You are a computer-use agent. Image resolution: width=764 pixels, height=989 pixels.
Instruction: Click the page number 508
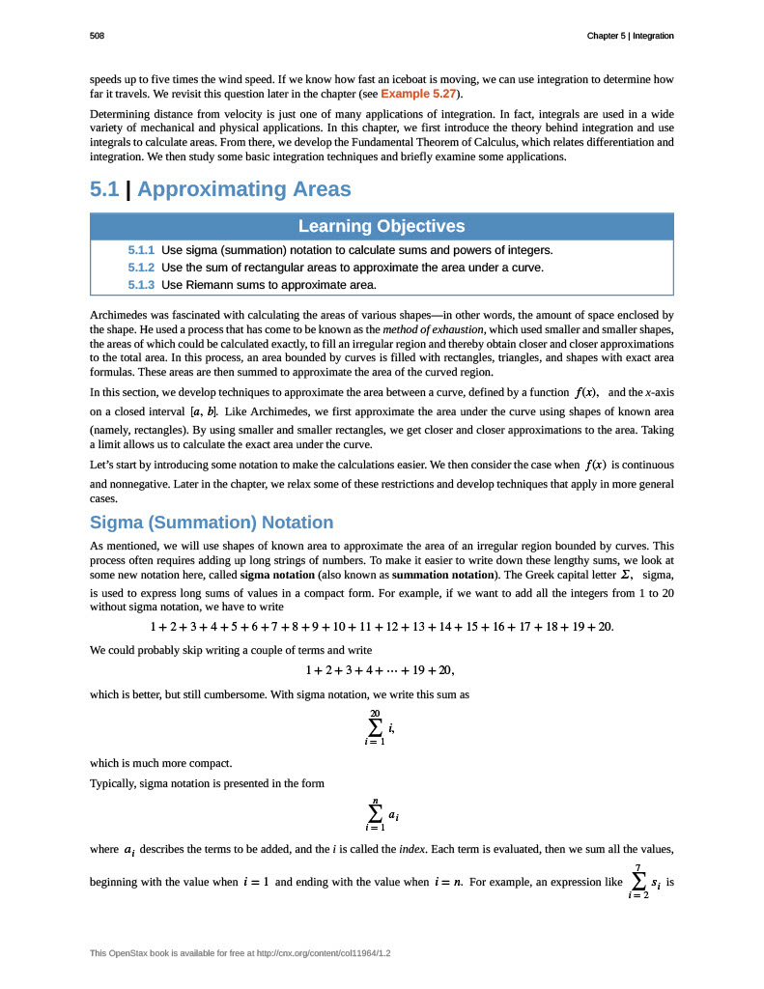click(x=97, y=36)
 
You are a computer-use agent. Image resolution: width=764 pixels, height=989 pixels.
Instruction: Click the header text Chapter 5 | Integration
click(x=630, y=36)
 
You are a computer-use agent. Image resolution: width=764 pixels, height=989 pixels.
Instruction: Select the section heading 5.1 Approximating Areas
click(x=220, y=189)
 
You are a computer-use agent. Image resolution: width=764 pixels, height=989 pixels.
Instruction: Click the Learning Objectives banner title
click(x=382, y=226)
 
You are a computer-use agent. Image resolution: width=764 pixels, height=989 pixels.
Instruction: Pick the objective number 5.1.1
click(x=141, y=250)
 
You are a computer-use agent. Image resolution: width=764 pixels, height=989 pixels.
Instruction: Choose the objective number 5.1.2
click(x=141, y=268)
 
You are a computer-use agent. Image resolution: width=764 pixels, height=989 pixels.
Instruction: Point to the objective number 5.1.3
click(x=141, y=285)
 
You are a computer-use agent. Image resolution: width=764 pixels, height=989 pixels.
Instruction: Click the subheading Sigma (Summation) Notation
click(x=212, y=523)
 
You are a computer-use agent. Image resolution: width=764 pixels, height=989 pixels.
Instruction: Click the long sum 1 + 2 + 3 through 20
click(x=382, y=627)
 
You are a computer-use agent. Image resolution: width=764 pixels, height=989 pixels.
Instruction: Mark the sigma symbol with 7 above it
click(x=638, y=881)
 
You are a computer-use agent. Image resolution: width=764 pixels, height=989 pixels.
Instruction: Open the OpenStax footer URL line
click(x=241, y=953)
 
